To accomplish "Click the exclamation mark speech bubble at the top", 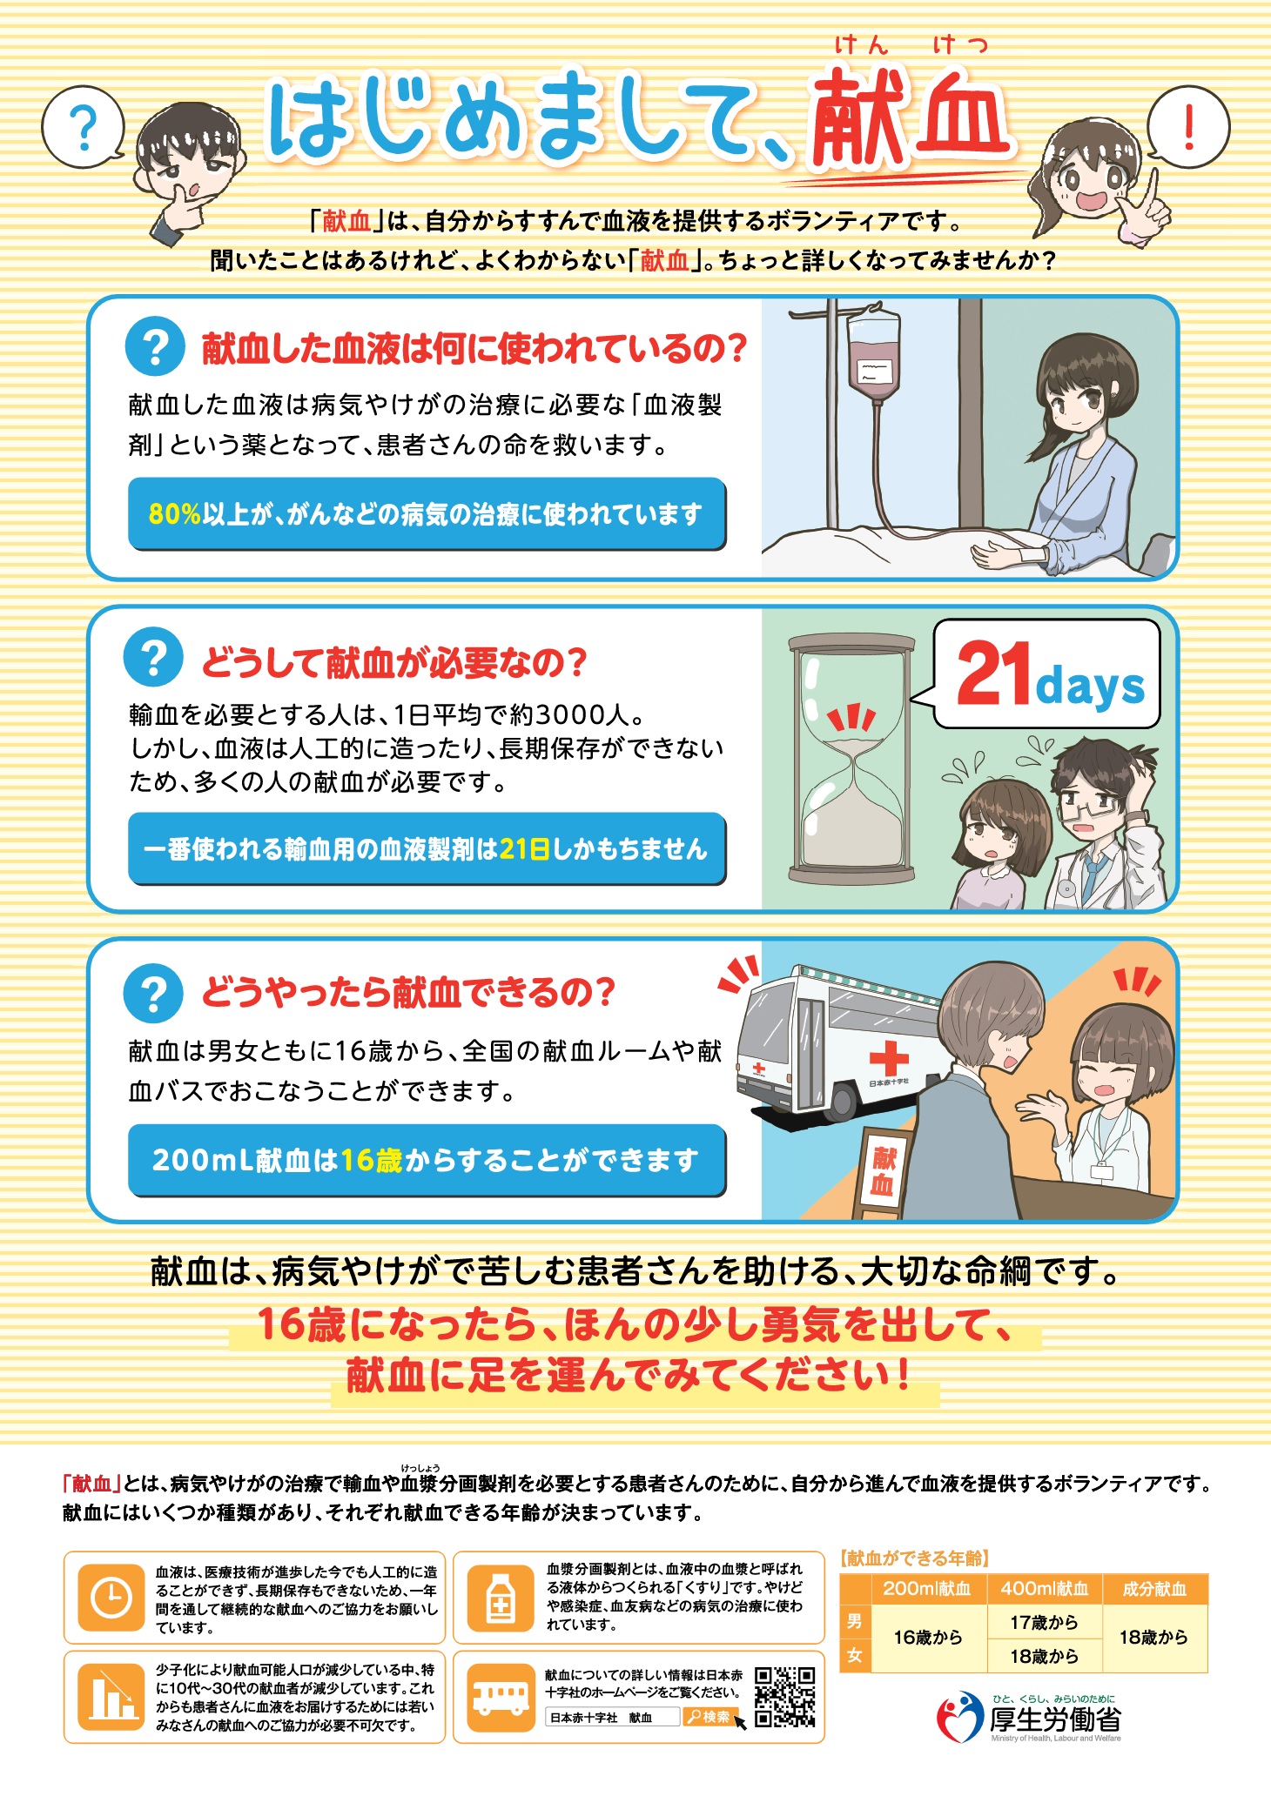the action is pos(1187,127).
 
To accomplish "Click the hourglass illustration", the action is pos(851,758).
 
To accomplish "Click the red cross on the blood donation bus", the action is pos(888,1057).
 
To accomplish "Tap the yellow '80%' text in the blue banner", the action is pos(174,514).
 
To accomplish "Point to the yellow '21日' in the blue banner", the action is pos(524,848).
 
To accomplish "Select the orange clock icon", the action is pos(111,1598).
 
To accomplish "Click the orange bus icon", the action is pos(501,1698).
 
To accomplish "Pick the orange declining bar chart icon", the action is pos(111,1697).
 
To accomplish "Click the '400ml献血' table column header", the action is pos(1045,1589).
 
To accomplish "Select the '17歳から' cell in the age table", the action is pos(1045,1622).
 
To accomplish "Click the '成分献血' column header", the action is pos(1155,1589).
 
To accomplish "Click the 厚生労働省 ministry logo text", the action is pos(1055,1719).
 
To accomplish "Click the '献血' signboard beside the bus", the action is pos(883,1171).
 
